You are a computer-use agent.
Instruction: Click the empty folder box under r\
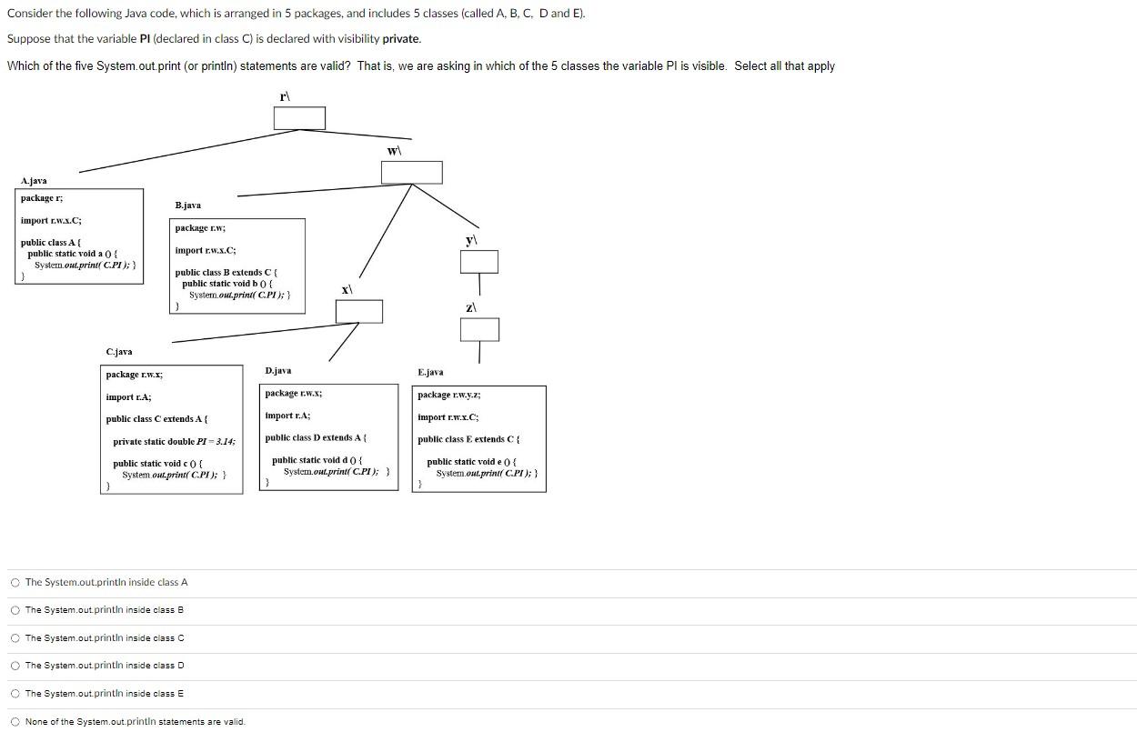pyautogui.click(x=299, y=118)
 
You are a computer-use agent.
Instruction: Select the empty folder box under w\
pyautogui.click(x=411, y=173)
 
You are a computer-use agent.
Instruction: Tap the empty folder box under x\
pyautogui.click(x=358, y=311)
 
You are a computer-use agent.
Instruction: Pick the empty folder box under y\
pyautogui.click(x=478, y=262)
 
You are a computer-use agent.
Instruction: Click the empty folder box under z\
pyautogui.click(x=478, y=329)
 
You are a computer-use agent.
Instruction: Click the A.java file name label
pyautogui.click(x=34, y=181)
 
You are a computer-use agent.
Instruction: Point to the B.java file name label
pyautogui.click(x=188, y=206)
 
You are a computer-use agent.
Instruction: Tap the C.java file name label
pyautogui.click(x=119, y=352)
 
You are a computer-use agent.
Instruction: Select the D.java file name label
pyautogui.click(x=278, y=371)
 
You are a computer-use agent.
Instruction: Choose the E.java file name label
pyautogui.click(x=430, y=373)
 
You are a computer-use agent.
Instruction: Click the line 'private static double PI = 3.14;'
pyautogui.click(x=174, y=442)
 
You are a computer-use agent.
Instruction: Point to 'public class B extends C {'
pyautogui.click(x=226, y=273)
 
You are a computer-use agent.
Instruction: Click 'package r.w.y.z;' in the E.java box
pyautogui.click(x=449, y=395)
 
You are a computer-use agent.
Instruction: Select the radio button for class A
pyautogui.click(x=15, y=582)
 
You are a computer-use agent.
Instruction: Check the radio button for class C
pyautogui.click(x=15, y=638)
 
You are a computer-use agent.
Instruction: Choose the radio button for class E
pyautogui.click(x=15, y=694)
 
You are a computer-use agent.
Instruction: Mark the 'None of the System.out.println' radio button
pyautogui.click(x=15, y=722)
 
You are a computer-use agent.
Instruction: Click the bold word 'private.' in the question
pyautogui.click(x=401, y=39)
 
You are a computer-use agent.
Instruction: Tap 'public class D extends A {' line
pyautogui.click(x=316, y=438)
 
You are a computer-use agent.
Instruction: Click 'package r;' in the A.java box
pyautogui.click(x=42, y=198)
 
